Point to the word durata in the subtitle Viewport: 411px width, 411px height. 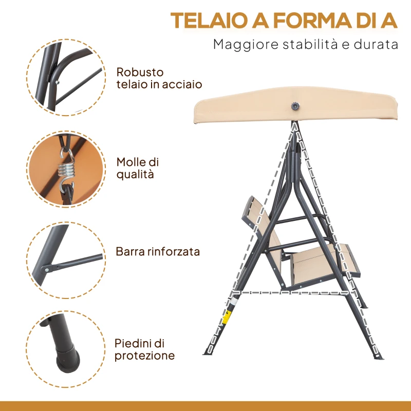point(373,44)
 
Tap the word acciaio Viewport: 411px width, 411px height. point(182,84)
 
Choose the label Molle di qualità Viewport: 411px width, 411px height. point(137,168)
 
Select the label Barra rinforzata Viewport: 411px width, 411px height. point(158,252)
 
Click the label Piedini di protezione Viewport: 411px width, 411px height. point(144,349)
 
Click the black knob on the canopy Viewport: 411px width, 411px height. point(295,105)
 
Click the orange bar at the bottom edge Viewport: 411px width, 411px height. point(206,406)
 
